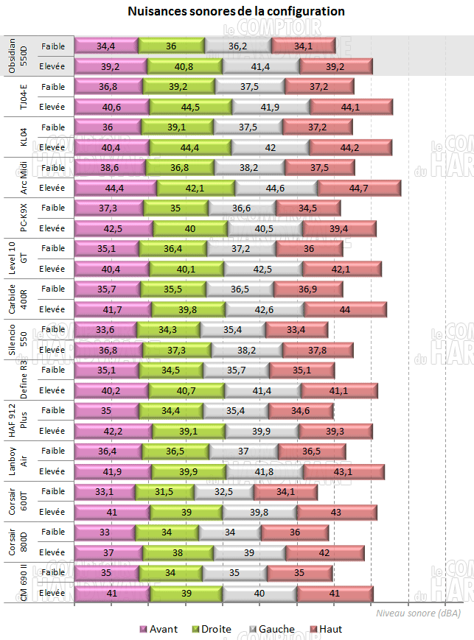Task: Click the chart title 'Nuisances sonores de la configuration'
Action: [236, 13]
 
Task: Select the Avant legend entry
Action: [158, 629]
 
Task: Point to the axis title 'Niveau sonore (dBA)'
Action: [419, 613]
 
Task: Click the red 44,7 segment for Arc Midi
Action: [358, 188]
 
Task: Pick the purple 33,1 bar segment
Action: [105, 491]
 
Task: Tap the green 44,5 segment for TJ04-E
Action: [190, 107]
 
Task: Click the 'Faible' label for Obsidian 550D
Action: [53, 46]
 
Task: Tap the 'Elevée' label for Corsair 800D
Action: [53, 552]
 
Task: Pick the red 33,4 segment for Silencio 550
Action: [296, 329]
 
